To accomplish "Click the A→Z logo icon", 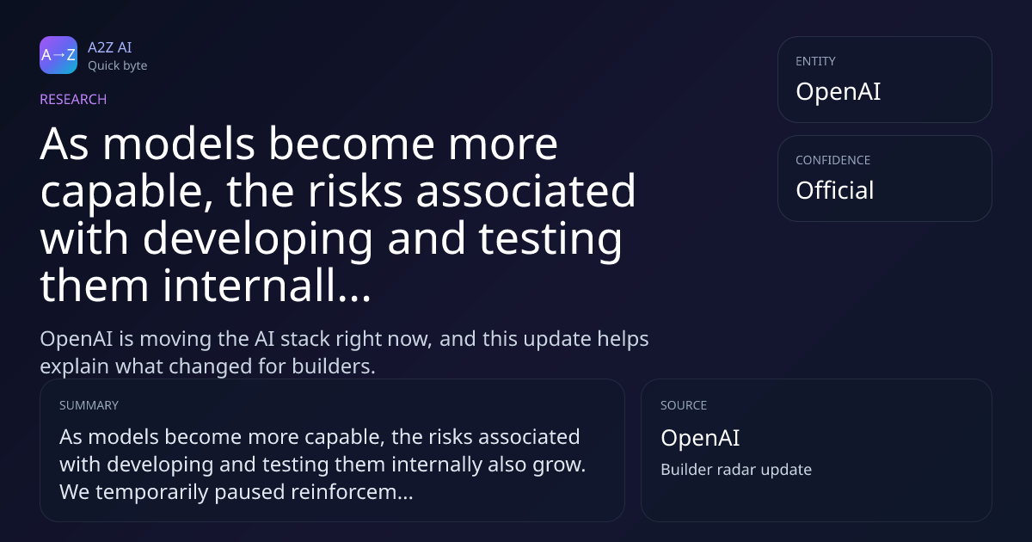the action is coord(58,55).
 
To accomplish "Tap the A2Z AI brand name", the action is coord(110,47).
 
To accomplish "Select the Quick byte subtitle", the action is coord(118,66).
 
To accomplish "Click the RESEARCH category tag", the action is coord(73,99).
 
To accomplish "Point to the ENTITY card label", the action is coord(815,61).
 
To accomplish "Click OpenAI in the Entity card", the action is coord(838,91).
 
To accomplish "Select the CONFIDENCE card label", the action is coord(833,160).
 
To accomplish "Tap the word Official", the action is coord(835,190).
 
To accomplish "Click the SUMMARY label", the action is coord(89,405).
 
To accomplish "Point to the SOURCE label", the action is coord(684,405).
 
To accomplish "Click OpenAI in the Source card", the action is coord(700,437).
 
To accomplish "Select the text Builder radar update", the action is coord(736,470).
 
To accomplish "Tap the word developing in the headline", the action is coord(257,240).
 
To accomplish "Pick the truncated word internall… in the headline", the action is coord(267,286).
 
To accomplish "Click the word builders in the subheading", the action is coord(334,366).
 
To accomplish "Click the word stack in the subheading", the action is coord(305,339).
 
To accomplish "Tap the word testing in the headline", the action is coord(550,240).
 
